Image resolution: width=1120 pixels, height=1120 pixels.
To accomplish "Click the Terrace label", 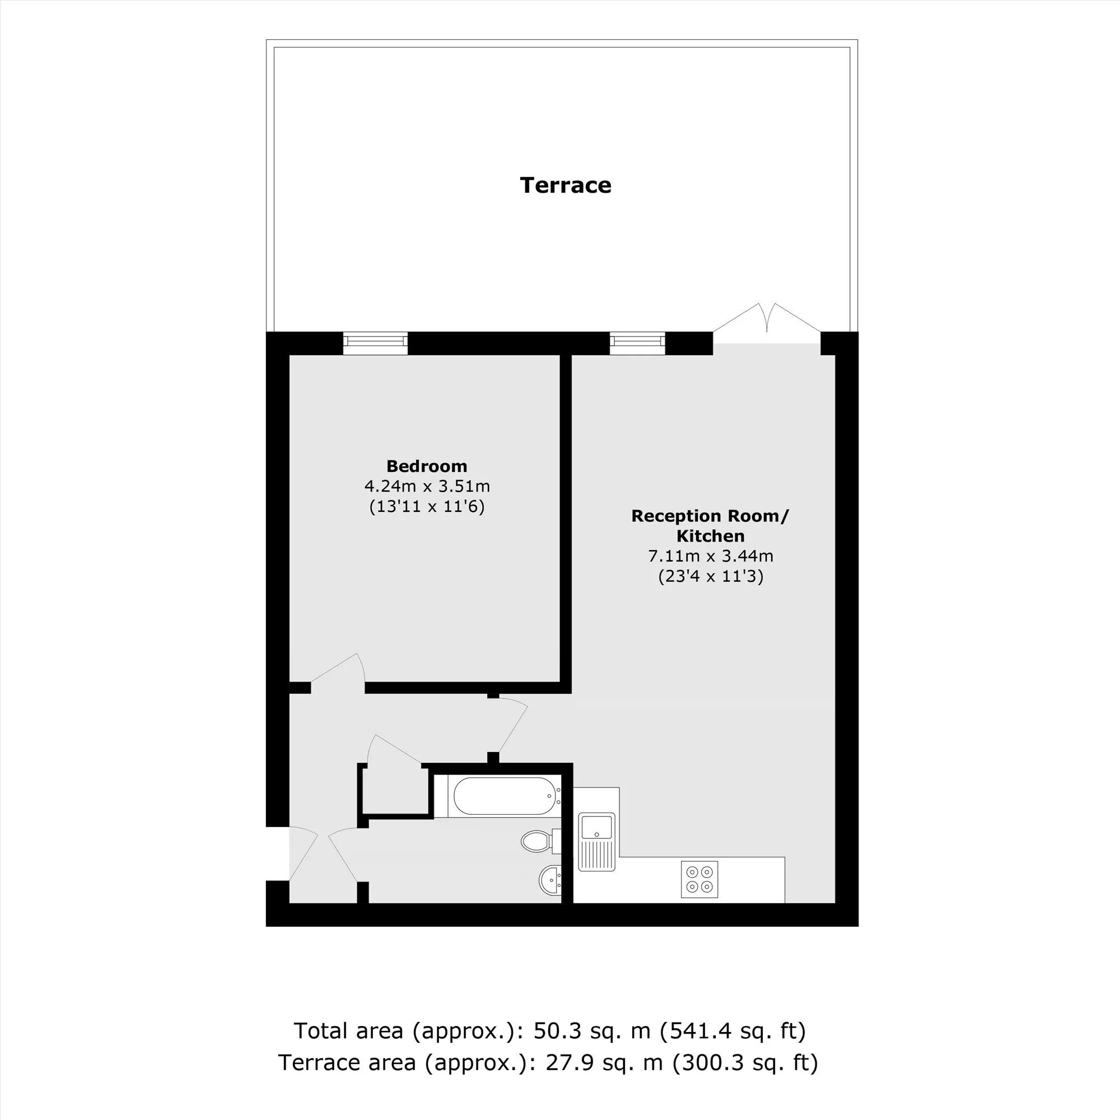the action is [x=565, y=185].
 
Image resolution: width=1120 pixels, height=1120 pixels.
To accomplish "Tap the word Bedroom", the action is [x=427, y=466].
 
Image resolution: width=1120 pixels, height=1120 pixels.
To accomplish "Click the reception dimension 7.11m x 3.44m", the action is [x=710, y=556].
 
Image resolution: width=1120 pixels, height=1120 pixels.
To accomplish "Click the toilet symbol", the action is [x=540, y=841].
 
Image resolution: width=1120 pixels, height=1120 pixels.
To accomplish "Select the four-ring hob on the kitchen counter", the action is [x=699, y=879].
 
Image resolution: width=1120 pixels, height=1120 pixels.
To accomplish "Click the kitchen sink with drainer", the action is [x=596, y=841].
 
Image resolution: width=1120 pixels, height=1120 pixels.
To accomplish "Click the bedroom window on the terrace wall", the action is [x=375, y=343].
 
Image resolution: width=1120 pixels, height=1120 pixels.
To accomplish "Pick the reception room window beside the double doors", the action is [x=637, y=343].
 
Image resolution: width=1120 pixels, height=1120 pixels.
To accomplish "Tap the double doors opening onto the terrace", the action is [x=767, y=323].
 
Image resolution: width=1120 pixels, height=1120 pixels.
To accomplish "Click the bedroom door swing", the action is [x=339, y=673].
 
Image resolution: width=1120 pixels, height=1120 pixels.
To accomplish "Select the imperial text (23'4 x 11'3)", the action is [x=711, y=576].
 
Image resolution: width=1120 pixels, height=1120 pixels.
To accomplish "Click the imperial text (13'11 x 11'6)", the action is [x=427, y=507].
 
